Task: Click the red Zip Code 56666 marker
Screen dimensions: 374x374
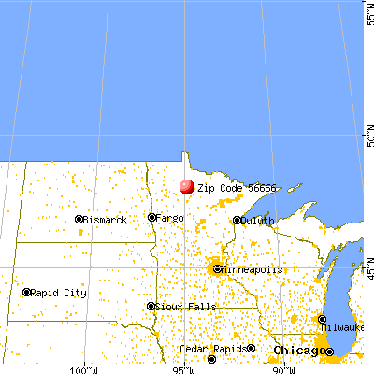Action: (187, 186)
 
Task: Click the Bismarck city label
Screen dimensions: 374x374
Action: (103, 220)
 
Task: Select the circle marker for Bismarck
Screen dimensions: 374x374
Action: (79, 220)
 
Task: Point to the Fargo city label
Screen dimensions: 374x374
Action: (170, 217)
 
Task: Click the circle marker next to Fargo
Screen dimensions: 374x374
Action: (151, 217)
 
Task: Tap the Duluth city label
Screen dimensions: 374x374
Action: (256, 221)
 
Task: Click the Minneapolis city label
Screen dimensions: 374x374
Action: (252, 269)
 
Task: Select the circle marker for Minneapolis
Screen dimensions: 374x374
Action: (218, 269)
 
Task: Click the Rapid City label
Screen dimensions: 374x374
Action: (60, 293)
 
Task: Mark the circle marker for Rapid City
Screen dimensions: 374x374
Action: (27, 293)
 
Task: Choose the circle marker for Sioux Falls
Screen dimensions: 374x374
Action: (151, 306)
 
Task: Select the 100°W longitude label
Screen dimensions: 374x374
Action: (84, 367)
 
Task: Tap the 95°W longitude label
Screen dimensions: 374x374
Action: (184, 367)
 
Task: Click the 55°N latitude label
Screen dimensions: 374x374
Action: (367, 13)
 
